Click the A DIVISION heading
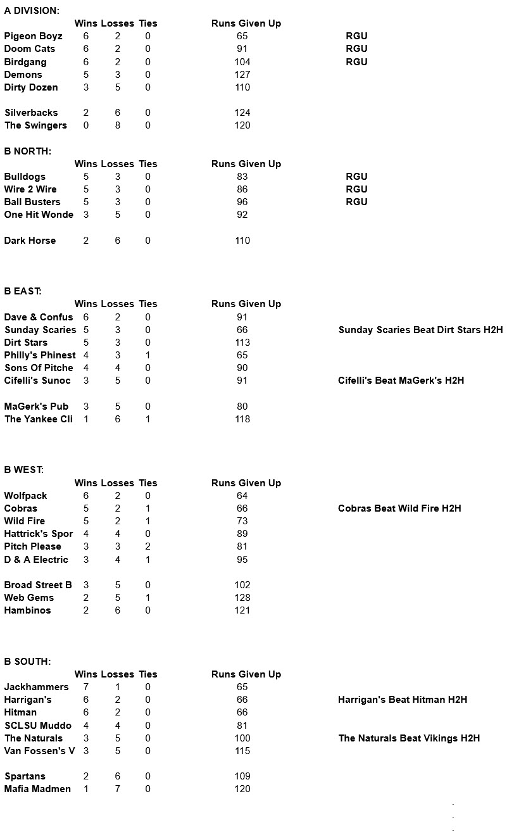(32, 11)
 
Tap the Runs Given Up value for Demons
(242, 75)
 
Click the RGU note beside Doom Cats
(356, 49)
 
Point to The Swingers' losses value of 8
(117, 125)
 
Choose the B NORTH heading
(27, 151)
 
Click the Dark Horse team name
(30, 241)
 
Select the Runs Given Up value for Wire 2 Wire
(242, 189)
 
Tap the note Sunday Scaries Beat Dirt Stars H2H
(420, 330)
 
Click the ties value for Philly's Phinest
(147, 355)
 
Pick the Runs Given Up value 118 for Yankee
(242, 419)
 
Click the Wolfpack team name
(25, 496)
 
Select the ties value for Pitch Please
(147, 546)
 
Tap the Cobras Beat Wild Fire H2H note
(399, 508)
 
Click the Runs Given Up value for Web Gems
(242, 598)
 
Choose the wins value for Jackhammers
(86, 687)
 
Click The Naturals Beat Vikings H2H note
(409, 738)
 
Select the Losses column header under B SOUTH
(117, 674)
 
